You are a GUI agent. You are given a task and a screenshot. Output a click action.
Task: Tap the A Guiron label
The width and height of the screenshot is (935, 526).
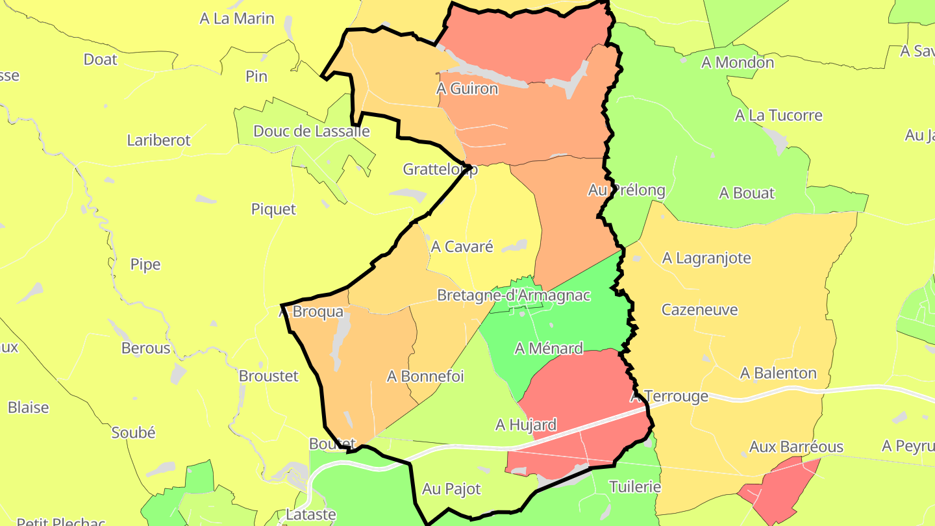tap(467, 88)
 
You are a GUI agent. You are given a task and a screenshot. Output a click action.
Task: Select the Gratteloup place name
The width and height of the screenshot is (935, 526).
tap(440, 169)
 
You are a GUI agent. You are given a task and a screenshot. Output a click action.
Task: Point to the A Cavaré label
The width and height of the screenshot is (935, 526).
tap(462, 247)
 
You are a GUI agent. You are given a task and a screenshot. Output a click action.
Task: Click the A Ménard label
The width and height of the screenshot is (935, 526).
tap(549, 349)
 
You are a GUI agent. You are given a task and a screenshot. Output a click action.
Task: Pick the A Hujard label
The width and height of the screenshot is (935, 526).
tap(526, 425)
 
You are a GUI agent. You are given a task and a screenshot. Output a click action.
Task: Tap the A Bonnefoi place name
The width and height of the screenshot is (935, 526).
tap(425, 376)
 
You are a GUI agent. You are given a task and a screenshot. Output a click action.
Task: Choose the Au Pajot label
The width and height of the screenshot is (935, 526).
tap(451, 489)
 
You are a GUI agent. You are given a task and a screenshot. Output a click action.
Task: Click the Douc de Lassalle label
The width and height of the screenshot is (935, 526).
tap(311, 131)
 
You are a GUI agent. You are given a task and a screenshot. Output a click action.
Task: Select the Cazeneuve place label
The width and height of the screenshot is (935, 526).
tap(699, 310)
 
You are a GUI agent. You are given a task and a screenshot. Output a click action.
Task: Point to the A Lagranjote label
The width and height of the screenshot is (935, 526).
tap(706, 258)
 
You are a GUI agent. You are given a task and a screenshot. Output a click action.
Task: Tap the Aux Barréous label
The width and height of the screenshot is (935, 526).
tap(796, 447)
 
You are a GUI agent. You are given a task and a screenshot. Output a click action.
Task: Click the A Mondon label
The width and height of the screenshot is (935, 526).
tap(738, 62)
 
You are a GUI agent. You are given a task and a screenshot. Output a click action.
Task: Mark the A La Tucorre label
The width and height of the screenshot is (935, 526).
tap(778, 116)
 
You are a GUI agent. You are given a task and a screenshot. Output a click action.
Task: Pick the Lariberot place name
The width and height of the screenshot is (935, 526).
tap(158, 140)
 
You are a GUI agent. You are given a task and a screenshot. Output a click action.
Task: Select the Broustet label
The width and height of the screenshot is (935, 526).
tap(268, 376)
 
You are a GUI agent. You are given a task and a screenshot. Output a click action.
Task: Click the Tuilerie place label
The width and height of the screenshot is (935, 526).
tap(634, 487)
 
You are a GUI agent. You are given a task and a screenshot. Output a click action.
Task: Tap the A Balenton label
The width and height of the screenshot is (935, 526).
tap(778, 373)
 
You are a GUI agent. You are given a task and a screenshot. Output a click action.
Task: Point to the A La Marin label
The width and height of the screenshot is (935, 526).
tap(237, 19)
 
